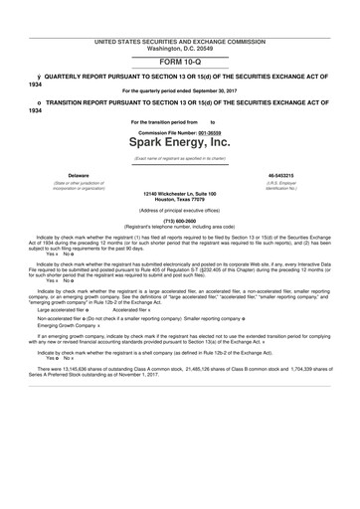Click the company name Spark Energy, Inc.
click(179, 143)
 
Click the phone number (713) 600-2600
click(179, 220)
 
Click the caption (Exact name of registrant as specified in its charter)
click(179, 158)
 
